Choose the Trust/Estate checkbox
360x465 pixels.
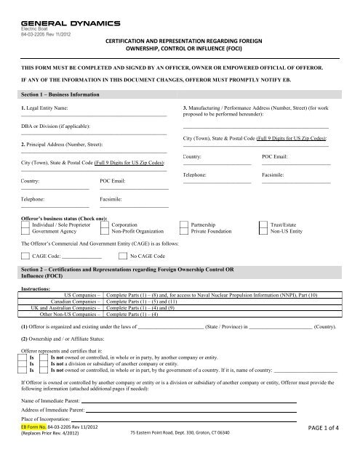point(263,226)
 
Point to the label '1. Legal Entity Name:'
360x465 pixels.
point(46,108)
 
